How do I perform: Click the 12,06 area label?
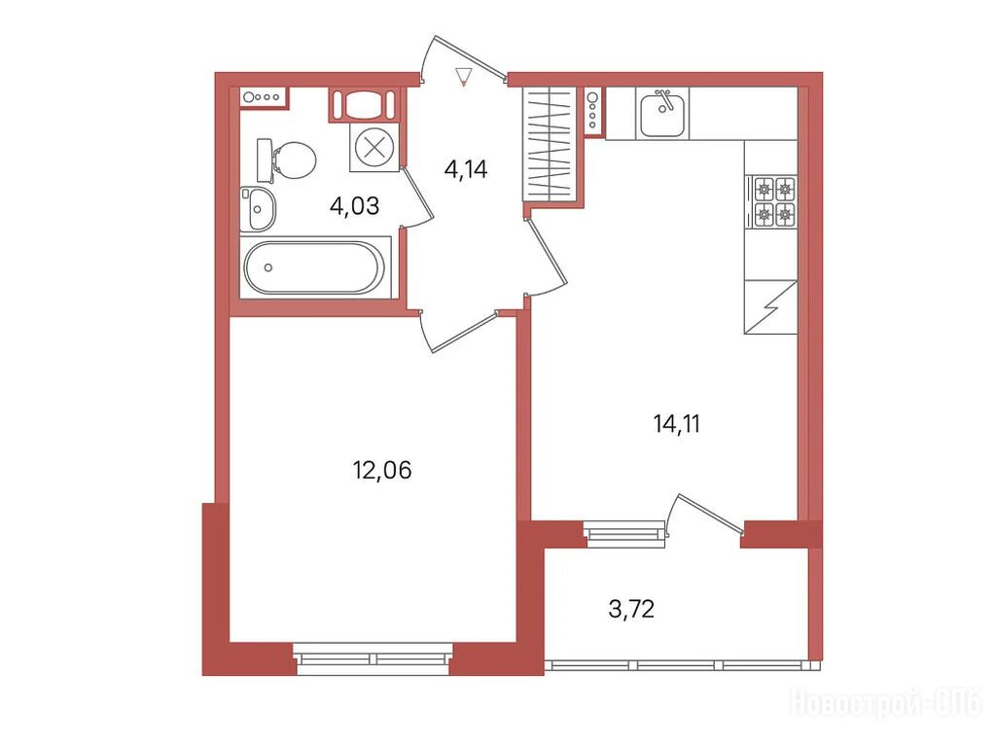[381, 470]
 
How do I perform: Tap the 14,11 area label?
[677, 424]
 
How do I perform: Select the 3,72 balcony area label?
[631, 609]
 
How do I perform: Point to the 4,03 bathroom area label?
[354, 206]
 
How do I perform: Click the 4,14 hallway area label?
[466, 169]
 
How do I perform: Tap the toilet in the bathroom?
[287, 160]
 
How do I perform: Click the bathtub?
[315, 267]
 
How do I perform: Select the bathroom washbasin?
[257, 208]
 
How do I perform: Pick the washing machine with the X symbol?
[374, 148]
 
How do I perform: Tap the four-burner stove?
[774, 200]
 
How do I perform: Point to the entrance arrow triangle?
[464, 76]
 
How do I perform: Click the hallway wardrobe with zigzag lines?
[550, 144]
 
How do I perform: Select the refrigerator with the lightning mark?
[770, 306]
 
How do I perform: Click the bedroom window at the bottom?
[373, 658]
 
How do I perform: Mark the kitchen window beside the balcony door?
[624, 534]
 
